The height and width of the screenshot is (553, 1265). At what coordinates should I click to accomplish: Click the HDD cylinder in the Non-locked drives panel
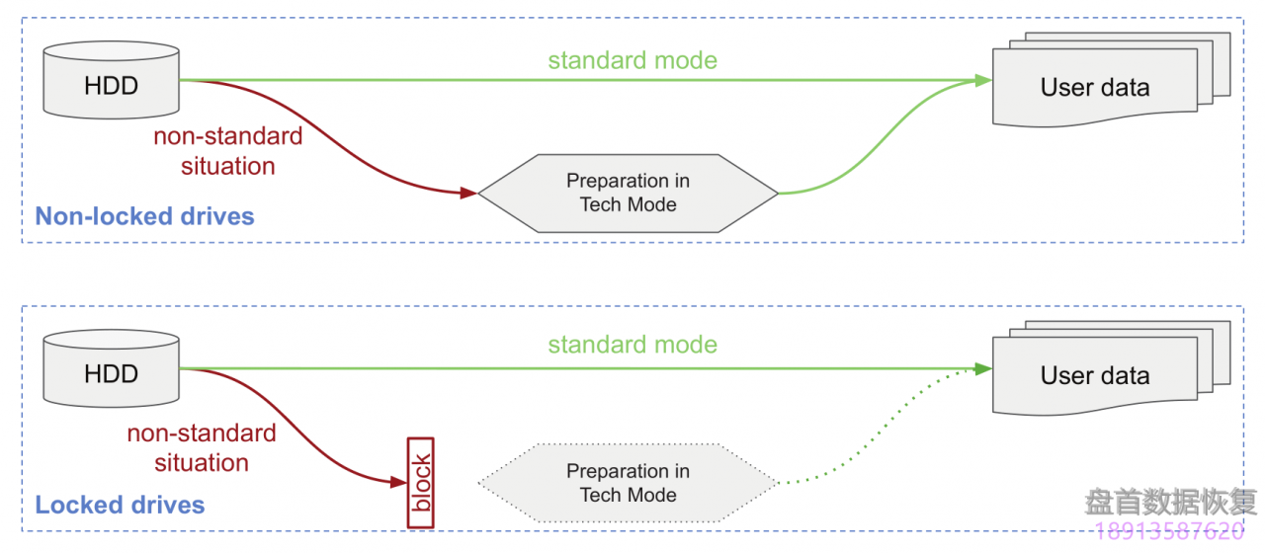(112, 81)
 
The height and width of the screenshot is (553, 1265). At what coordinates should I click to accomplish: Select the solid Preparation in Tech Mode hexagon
(628, 194)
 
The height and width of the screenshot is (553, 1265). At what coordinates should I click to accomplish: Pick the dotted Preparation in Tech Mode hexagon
(628, 483)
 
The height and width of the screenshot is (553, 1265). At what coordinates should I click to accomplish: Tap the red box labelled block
(422, 483)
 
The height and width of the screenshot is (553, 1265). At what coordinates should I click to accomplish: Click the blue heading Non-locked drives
(144, 216)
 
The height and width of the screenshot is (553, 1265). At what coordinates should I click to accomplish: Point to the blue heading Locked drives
(120, 506)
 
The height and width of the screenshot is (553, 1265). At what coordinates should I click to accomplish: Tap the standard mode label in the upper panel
(632, 60)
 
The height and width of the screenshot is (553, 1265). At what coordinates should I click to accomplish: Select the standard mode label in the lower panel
(632, 345)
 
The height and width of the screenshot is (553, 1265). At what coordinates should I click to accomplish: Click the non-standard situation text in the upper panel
(228, 150)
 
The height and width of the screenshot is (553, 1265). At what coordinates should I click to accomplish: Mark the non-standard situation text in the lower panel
(202, 447)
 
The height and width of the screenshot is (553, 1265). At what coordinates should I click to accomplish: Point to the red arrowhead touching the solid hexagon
(470, 194)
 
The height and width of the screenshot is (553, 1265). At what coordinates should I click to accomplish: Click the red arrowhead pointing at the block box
(399, 482)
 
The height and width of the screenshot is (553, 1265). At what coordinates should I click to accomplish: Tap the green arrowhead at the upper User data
(983, 81)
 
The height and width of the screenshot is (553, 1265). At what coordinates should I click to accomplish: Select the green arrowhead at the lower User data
(983, 369)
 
